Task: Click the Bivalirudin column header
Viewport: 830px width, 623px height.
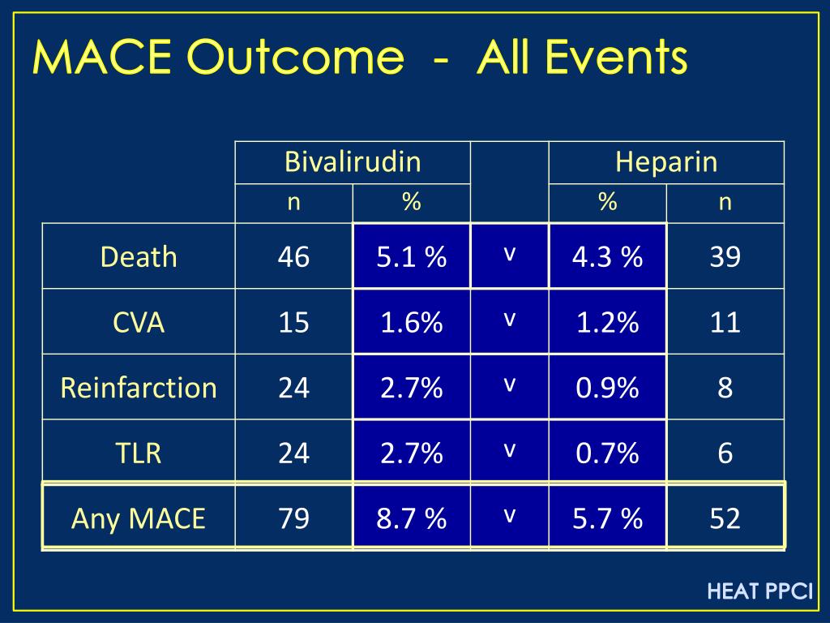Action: pyautogui.click(x=353, y=162)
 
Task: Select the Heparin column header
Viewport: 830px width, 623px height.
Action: pyautogui.click(x=666, y=162)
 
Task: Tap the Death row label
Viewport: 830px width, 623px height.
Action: pyautogui.click(x=139, y=257)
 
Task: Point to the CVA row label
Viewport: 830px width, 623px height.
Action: pyautogui.click(x=139, y=323)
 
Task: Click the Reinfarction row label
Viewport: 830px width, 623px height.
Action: pyautogui.click(x=139, y=388)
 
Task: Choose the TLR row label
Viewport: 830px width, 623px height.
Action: pyautogui.click(x=139, y=453)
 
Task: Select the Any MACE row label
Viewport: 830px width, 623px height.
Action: pyautogui.click(x=139, y=518)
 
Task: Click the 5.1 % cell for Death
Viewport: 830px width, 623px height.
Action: pyautogui.click(x=411, y=257)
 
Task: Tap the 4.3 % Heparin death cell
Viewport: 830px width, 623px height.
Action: pyautogui.click(x=607, y=257)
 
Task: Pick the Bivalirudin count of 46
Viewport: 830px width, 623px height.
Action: pyautogui.click(x=293, y=257)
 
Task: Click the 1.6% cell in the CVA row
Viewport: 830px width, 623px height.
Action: pyautogui.click(x=411, y=323)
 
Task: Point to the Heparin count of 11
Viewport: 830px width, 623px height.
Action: pyautogui.click(x=725, y=323)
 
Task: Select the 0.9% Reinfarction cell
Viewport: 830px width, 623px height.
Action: pyautogui.click(x=607, y=388)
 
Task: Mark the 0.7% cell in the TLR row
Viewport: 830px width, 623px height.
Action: pyautogui.click(x=607, y=453)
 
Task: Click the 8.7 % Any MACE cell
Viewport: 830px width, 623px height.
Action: pyautogui.click(x=411, y=518)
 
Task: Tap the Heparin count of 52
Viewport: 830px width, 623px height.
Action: pyautogui.click(x=725, y=518)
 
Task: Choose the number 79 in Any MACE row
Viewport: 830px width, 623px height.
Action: pyautogui.click(x=293, y=518)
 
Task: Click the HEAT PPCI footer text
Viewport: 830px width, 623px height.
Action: pyautogui.click(x=759, y=591)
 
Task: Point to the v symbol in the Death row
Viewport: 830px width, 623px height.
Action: pyautogui.click(x=509, y=254)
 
